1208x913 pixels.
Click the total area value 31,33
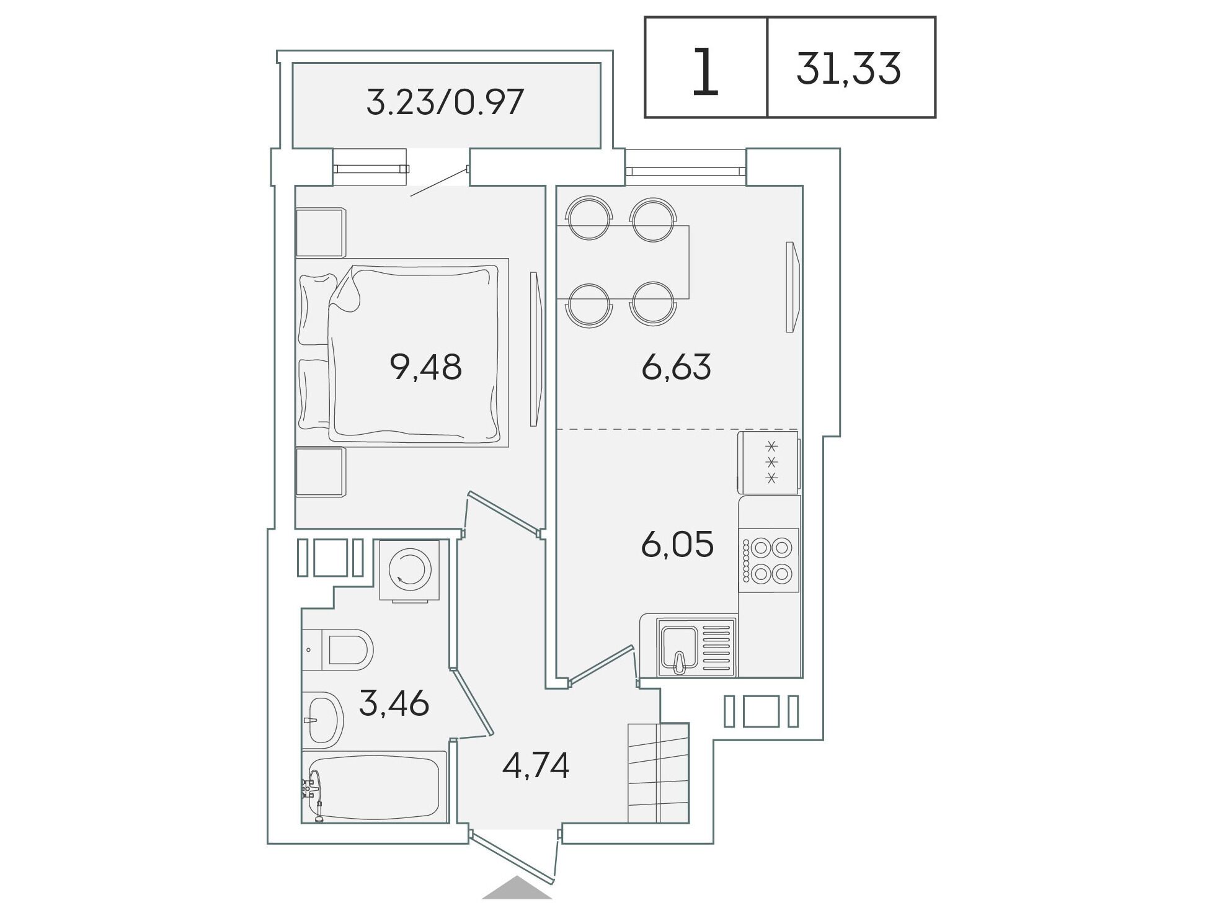pos(848,69)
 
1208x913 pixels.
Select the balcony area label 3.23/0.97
pos(445,102)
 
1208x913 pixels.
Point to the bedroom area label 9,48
pos(425,367)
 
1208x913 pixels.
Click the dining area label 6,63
pos(676,367)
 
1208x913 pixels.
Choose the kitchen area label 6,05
pos(677,544)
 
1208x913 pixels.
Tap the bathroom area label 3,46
pos(394,703)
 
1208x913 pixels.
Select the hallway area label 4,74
pos(536,765)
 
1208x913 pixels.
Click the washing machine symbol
pos(409,569)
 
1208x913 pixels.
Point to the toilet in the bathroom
pos(337,649)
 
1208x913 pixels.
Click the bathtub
pos(375,787)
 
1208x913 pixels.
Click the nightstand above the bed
pos(320,233)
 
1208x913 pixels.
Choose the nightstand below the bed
pos(320,472)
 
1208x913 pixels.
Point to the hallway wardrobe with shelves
pos(659,773)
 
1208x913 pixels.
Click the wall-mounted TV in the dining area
pos(793,287)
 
